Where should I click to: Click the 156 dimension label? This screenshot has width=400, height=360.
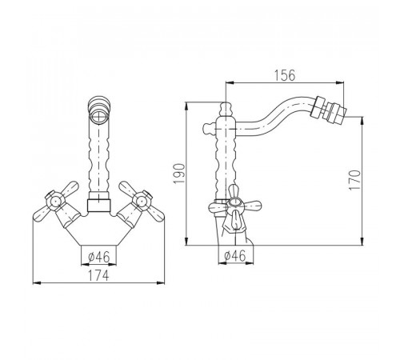285,75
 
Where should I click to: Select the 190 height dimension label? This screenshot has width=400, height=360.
179,174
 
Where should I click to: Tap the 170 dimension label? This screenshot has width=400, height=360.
354,180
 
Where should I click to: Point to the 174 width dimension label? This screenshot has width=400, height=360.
98,275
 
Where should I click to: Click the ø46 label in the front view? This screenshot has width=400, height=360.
99,257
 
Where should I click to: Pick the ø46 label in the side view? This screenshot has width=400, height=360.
235,256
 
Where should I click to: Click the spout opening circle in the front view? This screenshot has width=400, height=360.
99,116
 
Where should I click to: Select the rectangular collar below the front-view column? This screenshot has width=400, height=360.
98,206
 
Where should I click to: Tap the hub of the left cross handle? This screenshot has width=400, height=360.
55,202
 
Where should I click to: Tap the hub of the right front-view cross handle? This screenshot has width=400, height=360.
142,202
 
